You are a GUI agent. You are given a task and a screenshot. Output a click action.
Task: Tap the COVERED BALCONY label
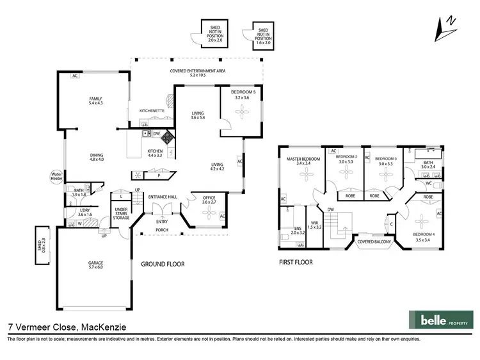374,242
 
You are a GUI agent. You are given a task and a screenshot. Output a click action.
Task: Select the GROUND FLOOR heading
163,264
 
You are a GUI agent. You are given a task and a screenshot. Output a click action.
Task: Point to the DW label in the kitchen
157,134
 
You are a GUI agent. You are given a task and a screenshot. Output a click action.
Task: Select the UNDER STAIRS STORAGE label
123,213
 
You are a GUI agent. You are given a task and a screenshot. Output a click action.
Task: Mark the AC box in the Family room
75,75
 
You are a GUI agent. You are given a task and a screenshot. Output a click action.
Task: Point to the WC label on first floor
428,184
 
